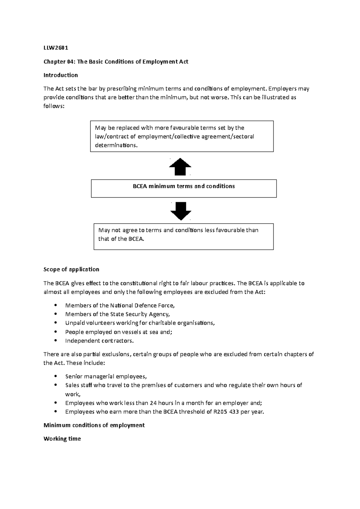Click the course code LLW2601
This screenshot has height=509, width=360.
click(x=56, y=48)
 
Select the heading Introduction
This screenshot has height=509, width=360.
click(x=61, y=75)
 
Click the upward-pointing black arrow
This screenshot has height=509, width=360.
click(x=180, y=167)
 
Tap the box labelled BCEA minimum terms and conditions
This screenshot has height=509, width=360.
click(x=184, y=188)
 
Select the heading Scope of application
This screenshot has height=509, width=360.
click(x=71, y=269)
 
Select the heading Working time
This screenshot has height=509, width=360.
click(x=62, y=439)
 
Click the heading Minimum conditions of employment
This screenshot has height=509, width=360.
click(x=94, y=425)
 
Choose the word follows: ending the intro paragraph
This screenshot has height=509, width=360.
click(x=54, y=106)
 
